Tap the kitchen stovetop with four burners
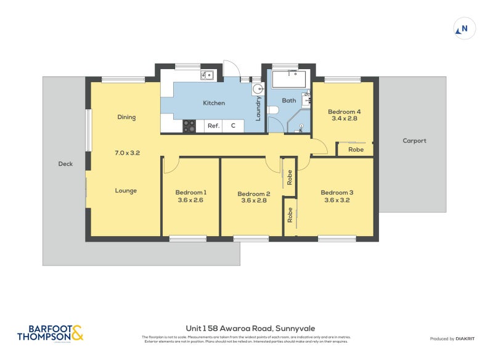pyautogui.click(x=190, y=126)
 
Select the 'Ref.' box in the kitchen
pyautogui.click(x=213, y=126)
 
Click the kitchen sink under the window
pyautogui.click(x=206, y=76)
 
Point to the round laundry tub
pyautogui.click(x=258, y=89)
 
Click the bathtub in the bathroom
pyautogui.click(x=288, y=80)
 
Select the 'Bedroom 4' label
pyautogui.click(x=346, y=112)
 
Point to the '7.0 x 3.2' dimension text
pyautogui.click(x=128, y=152)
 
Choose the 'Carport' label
pyautogui.click(x=414, y=141)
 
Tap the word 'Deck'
pyautogui.click(x=65, y=164)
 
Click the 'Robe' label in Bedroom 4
pyautogui.click(x=356, y=149)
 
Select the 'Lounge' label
pyautogui.click(x=126, y=190)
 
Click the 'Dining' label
pyautogui.click(x=126, y=117)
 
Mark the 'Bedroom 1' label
pyautogui.click(x=190, y=192)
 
